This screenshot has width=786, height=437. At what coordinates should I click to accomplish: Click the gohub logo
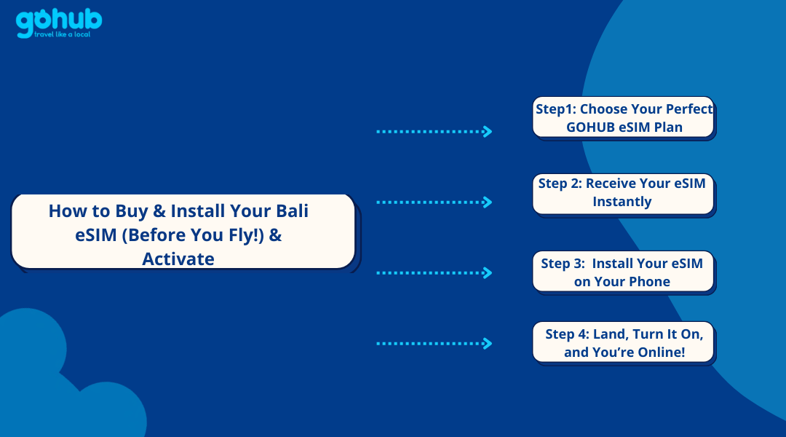pos(59,23)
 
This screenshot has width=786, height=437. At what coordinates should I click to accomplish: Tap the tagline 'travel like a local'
pos(62,34)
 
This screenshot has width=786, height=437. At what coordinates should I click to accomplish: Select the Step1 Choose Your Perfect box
pos(624,118)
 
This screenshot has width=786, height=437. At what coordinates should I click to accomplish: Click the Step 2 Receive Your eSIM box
pos(624,194)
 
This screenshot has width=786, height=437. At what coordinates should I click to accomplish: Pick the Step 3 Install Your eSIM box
pos(624,272)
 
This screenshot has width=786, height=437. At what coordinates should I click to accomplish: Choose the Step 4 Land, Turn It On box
pos(624,342)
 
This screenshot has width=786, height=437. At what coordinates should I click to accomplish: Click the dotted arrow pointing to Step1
pos(434,131)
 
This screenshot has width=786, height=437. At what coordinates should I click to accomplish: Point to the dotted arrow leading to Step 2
pos(434,202)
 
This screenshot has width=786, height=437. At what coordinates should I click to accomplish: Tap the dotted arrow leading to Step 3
pos(434,273)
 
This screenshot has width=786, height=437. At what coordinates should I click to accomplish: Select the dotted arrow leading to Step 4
pos(434,344)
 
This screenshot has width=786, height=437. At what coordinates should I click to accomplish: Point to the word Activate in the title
pos(178,259)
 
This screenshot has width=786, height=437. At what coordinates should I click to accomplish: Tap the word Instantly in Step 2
pos(622,202)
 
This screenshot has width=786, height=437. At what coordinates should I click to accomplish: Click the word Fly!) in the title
pos(246,235)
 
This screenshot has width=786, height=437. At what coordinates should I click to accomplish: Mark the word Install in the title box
pos(199,210)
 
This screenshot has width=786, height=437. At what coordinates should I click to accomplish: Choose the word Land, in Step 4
pos(611,334)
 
